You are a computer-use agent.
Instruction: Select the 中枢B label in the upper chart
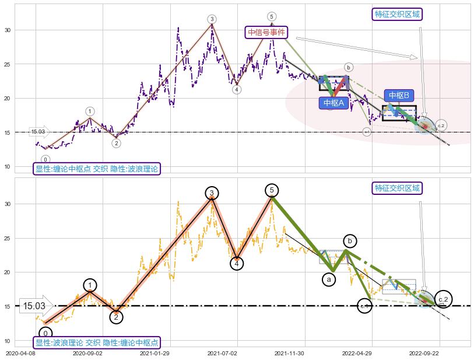[x=399, y=95]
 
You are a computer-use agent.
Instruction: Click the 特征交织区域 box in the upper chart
[x=397, y=14]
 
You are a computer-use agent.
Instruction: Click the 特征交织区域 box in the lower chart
[x=397, y=188]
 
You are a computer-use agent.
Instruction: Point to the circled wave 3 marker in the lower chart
[x=212, y=193]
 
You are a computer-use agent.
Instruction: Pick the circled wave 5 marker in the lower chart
[x=272, y=190]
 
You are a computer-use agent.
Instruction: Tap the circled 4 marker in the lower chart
[x=236, y=264]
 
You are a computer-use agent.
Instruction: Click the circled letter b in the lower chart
[x=350, y=241]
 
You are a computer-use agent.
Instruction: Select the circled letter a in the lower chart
[x=329, y=279]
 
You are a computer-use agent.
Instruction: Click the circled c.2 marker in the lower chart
[x=444, y=299]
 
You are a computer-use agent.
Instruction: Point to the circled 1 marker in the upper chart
[x=90, y=111]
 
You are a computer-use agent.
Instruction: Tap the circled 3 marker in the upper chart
[x=212, y=19]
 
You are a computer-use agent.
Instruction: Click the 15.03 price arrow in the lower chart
[x=36, y=306]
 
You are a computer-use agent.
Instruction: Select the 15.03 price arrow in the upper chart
[x=39, y=132]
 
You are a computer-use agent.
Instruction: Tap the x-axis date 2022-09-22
[x=424, y=353]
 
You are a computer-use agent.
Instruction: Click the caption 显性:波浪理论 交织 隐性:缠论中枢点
[x=96, y=342]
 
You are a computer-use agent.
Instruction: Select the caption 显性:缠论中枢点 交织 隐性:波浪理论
[x=96, y=169]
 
